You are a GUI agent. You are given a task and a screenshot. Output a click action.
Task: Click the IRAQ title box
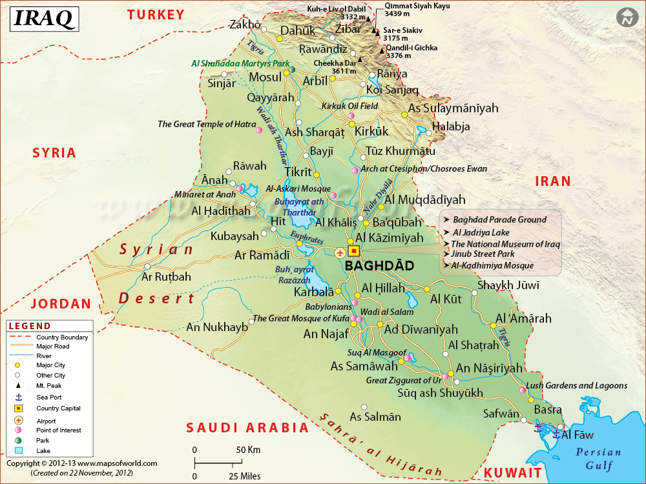point(43,19)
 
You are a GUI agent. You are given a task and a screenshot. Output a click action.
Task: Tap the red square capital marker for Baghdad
point(353,251)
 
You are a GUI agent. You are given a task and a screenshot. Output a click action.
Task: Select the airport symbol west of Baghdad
point(340,251)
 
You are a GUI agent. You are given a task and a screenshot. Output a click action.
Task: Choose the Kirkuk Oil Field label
point(349,106)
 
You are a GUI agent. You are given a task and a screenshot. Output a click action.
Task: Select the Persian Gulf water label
point(598,458)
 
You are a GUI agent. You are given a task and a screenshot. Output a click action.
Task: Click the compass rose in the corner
point(625,18)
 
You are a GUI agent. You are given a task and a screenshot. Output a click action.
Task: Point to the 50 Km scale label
point(248,449)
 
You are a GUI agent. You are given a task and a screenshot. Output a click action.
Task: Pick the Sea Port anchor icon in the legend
point(18,397)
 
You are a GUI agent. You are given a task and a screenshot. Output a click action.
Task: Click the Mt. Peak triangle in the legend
point(18,385)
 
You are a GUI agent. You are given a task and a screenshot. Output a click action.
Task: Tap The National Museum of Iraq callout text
point(505,244)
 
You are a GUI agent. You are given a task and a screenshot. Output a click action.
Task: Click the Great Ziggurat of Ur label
point(403,380)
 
